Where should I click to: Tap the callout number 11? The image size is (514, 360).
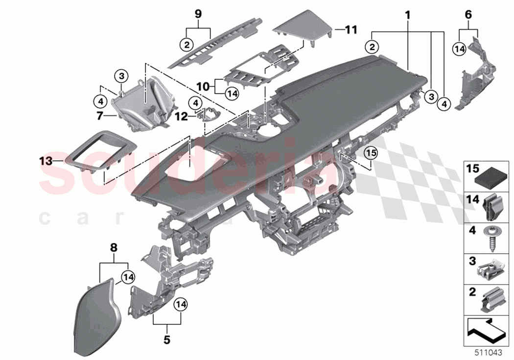tap(351, 30)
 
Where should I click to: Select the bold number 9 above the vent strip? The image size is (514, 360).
tap(198, 14)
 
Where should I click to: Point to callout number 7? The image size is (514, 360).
tap(99, 116)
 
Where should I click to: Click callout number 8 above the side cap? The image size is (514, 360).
tap(114, 248)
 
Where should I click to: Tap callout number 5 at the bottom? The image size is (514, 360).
tap(167, 338)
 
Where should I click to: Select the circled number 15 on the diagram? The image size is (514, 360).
tap(371, 154)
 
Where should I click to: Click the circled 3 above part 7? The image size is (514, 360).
tap(121, 76)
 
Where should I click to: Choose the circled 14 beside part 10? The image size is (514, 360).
tap(232, 93)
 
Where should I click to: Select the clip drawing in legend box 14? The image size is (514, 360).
tap(490, 208)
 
